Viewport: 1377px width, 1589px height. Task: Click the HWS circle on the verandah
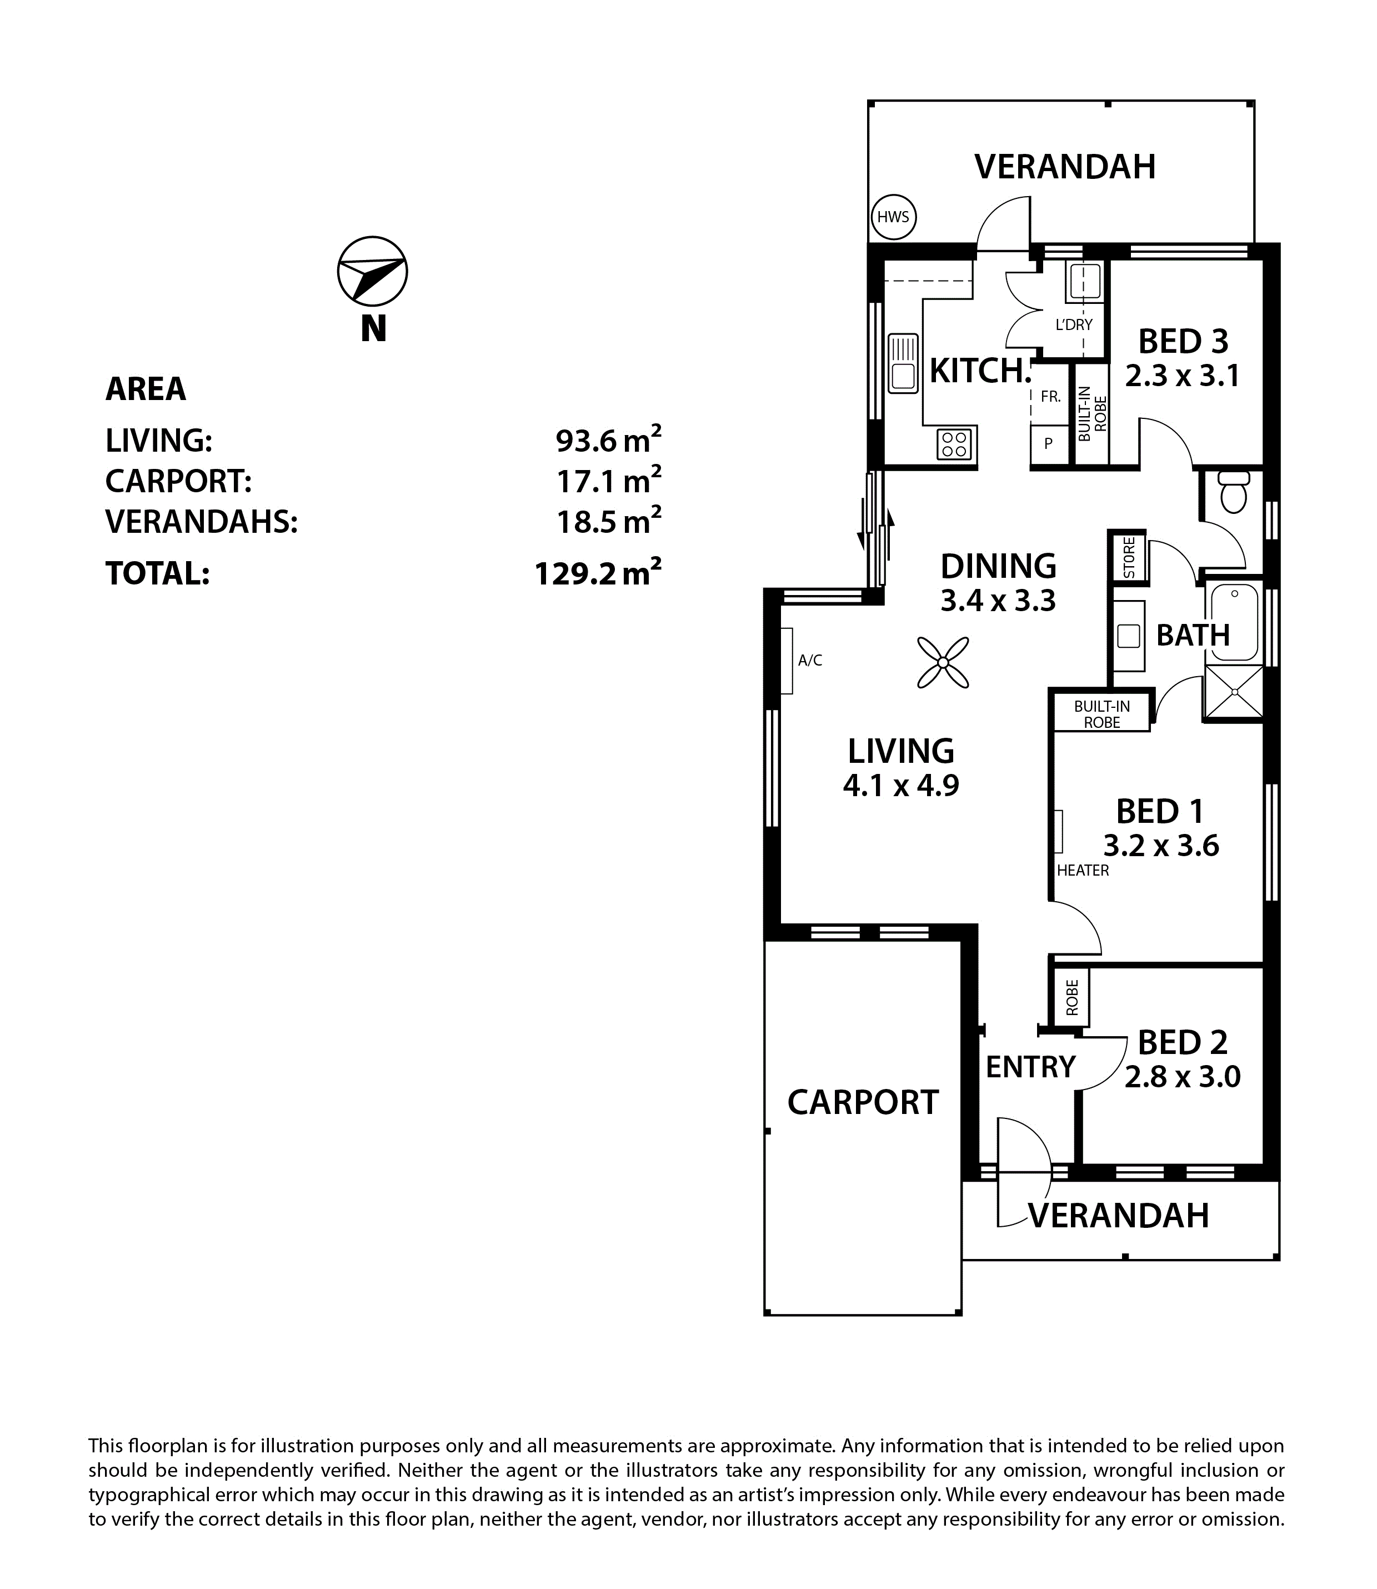pos(893,217)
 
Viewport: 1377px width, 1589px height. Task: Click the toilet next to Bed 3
pos(1233,491)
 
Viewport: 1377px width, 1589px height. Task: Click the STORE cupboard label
pos(1129,557)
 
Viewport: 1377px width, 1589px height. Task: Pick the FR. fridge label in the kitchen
pos(1050,397)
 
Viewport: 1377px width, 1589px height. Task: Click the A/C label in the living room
pos(810,659)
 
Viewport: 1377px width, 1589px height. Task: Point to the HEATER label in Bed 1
pos(1083,870)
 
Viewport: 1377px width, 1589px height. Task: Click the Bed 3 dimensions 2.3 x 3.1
pos(1183,376)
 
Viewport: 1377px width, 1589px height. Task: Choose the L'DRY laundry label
pos(1074,324)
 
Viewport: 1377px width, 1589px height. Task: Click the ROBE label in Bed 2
pos(1072,998)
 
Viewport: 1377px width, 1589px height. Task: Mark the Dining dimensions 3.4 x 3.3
pos(998,599)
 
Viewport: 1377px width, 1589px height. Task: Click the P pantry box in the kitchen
pos(1048,443)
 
